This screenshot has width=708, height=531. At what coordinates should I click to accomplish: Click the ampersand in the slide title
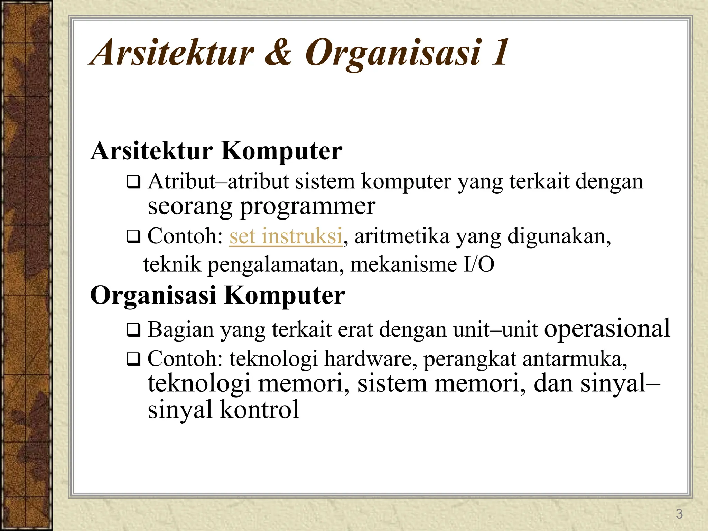279,53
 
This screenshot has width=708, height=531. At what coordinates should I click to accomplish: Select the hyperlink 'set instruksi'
286,236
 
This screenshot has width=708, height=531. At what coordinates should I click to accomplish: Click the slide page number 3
679,514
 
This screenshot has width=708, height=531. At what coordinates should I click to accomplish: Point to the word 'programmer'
307,207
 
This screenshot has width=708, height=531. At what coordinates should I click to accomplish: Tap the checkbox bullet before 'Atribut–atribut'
133,182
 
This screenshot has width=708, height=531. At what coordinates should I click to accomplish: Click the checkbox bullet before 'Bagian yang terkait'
133,330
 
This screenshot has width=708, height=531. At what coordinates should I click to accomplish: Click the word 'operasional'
607,329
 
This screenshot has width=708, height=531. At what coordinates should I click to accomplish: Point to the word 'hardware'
368,359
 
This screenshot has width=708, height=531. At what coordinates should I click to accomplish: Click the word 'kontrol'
259,409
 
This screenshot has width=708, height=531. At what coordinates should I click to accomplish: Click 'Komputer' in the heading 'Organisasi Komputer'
284,296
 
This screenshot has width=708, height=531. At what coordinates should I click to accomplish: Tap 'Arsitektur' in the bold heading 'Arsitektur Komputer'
151,151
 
